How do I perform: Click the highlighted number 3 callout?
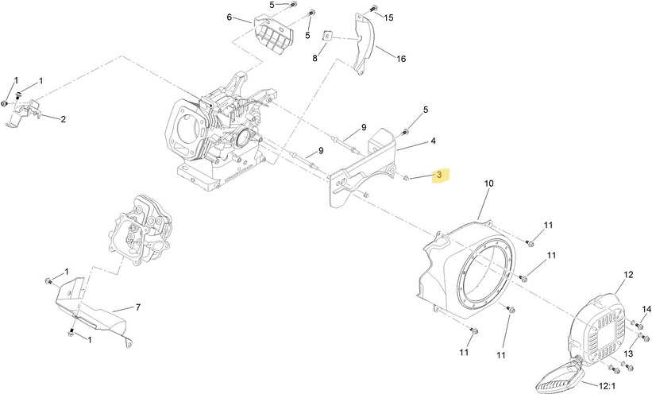440,176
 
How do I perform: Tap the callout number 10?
489,183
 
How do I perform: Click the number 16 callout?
401,59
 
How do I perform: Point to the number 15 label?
388,17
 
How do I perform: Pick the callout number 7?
138,307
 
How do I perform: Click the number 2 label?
64,119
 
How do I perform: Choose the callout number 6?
230,17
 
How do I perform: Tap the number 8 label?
314,58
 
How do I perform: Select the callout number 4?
434,141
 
